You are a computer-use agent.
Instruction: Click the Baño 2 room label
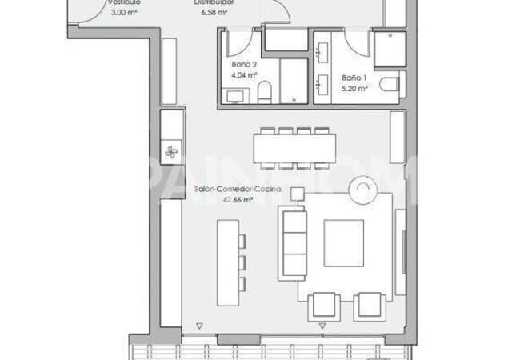tap(244, 64)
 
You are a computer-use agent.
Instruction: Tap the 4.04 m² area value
tap(244, 74)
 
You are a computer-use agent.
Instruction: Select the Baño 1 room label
tap(354, 78)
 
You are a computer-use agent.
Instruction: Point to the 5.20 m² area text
tap(354, 88)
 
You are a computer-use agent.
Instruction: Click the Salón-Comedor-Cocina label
tap(225, 191)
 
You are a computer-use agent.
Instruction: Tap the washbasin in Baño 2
tap(237, 98)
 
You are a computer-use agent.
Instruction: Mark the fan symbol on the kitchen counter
tap(170, 151)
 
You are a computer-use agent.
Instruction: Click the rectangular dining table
tap(294, 150)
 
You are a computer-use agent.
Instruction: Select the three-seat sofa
tap(293, 242)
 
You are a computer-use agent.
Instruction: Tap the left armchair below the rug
tap(324, 305)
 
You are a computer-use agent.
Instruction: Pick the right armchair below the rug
tap(370, 305)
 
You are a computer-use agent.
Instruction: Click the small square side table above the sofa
tap(298, 193)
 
